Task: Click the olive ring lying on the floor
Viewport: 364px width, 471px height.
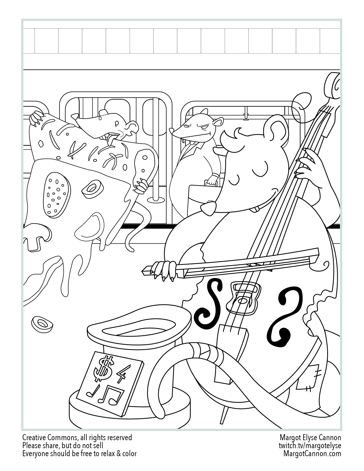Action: [x=42, y=325]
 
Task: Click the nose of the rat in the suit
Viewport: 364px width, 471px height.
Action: [x=172, y=131]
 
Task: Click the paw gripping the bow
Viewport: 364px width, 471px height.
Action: [x=164, y=270]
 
